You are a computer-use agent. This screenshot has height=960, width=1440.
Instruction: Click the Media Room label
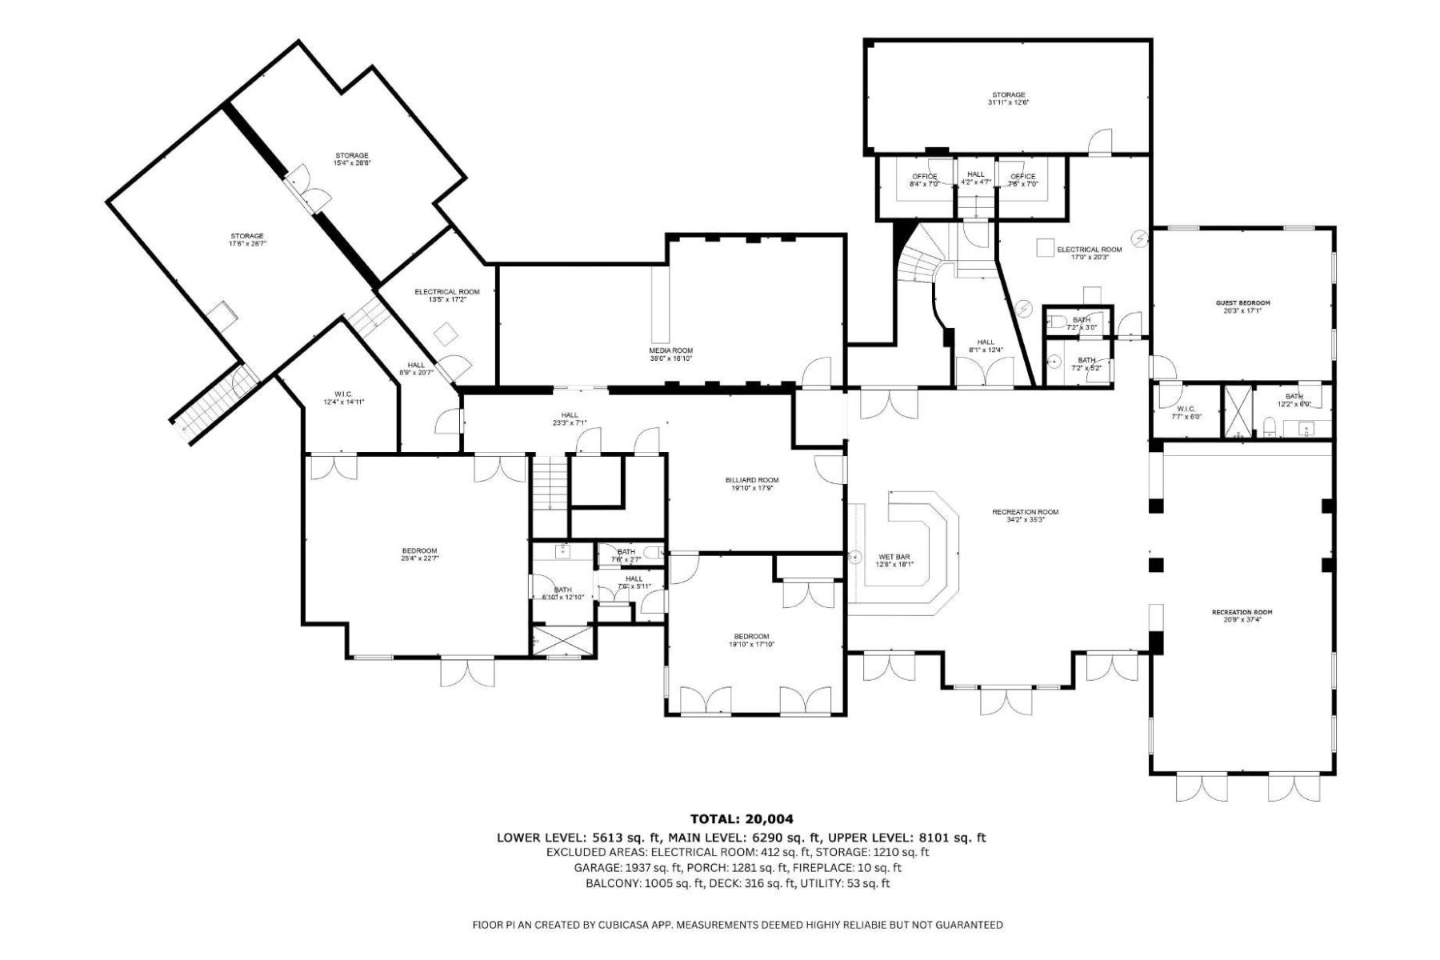[670, 354]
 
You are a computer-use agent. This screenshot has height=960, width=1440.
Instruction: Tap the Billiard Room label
[752, 484]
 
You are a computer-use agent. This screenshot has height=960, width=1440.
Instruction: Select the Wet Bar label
[894, 560]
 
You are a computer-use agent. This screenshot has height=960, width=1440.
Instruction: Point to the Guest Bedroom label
[1242, 306]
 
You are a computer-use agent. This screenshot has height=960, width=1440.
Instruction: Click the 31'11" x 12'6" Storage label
[1008, 98]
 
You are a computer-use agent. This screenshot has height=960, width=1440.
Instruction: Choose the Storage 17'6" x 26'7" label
[247, 239]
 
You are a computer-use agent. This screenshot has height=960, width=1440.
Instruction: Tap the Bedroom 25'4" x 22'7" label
[419, 554]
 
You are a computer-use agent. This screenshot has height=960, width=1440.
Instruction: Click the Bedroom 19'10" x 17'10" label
[751, 640]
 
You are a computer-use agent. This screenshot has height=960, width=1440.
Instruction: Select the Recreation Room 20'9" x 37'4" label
[1242, 616]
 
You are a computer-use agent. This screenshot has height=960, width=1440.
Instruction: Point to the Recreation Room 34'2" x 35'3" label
[1025, 515]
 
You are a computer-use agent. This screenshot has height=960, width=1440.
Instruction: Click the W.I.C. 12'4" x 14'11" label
[344, 398]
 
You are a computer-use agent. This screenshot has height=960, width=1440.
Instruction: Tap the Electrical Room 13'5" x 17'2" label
[446, 295]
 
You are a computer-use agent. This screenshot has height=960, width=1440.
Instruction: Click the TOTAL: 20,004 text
[742, 818]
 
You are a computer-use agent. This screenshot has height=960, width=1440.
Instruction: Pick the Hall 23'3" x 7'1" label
[570, 418]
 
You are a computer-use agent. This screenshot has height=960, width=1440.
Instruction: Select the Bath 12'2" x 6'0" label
[1294, 400]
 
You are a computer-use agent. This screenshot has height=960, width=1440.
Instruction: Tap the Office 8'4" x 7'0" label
[924, 180]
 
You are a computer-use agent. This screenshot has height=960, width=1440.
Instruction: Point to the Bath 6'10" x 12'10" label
[562, 593]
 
